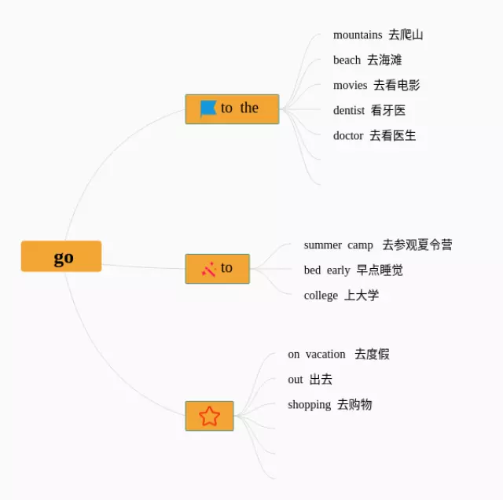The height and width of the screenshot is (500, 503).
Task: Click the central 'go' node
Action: click(x=61, y=257)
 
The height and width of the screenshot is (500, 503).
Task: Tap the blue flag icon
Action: click(x=207, y=108)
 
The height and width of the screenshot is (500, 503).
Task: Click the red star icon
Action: click(x=209, y=416)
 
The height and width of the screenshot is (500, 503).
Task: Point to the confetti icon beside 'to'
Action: click(x=208, y=269)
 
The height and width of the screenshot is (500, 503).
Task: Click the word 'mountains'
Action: click(x=358, y=35)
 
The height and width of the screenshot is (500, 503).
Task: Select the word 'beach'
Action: click(x=347, y=60)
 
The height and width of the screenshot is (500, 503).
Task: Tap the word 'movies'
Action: click(x=350, y=85)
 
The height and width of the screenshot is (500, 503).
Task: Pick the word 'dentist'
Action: click(x=349, y=110)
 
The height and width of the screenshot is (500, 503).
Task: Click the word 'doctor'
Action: click(x=348, y=135)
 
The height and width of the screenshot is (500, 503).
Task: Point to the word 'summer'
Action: click(x=323, y=244)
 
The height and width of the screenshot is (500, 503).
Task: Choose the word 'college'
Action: click(x=321, y=295)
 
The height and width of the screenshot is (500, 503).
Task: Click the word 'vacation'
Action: click(x=325, y=354)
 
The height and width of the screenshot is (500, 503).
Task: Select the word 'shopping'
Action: click(x=309, y=404)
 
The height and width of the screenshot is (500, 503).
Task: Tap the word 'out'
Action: click(x=296, y=379)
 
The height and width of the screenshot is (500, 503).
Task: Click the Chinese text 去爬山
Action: click(x=406, y=35)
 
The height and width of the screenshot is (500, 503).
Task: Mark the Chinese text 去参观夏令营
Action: click(x=417, y=244)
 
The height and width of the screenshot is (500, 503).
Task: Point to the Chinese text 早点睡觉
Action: click(x=380, y=270)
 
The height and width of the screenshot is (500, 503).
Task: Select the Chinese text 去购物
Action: click(x=354, y=404)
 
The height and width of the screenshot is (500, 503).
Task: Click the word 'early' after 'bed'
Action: click(x=338, y=270)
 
